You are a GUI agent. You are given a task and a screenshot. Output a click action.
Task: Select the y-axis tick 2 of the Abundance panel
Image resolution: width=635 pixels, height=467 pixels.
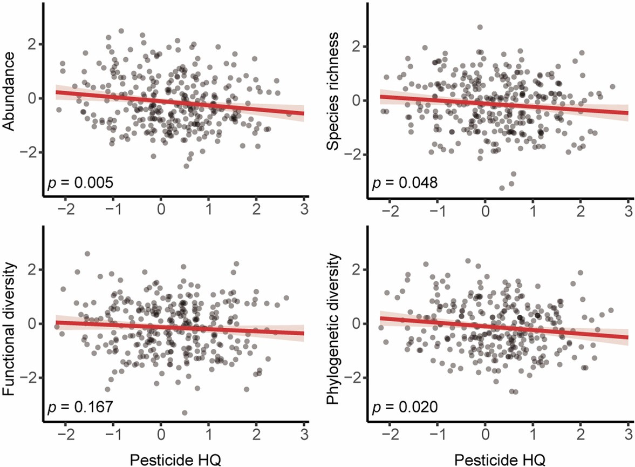click(33, 44)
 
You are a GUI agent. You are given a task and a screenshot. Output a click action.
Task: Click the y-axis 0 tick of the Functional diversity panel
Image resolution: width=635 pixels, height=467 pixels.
click(33, 323)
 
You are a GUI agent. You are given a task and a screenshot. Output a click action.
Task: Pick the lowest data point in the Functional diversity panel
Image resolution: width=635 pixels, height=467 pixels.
click(185, 412)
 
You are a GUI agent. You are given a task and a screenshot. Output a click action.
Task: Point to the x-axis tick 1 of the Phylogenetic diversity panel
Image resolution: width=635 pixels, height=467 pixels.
click(533, 434)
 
